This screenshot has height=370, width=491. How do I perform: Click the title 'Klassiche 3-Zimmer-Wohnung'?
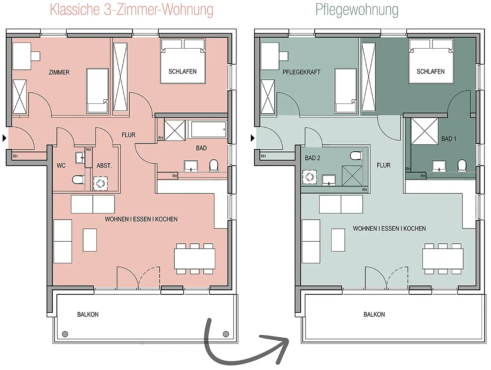[132, 10]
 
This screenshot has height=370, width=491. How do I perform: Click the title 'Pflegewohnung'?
[357, 10]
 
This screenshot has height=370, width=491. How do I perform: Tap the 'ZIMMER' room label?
[59, 72]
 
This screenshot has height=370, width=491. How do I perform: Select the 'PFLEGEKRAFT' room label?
[302, 72]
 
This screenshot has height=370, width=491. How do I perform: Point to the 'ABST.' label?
[104, 166]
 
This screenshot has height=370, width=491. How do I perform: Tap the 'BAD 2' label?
[313, 158]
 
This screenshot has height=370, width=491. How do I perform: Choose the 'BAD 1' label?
[448, 139]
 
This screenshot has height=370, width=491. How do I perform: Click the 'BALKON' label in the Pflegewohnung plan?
[374, 314]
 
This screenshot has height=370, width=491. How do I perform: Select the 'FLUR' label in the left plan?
[128, 135]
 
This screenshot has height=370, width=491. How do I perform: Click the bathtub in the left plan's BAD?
[208, 130]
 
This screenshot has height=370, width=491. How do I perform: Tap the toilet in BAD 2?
[356, 156]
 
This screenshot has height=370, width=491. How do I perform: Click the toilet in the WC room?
[78, 179]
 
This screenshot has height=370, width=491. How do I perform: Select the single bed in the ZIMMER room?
[97, 90]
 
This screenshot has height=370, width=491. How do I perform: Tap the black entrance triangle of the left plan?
[5, 138]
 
